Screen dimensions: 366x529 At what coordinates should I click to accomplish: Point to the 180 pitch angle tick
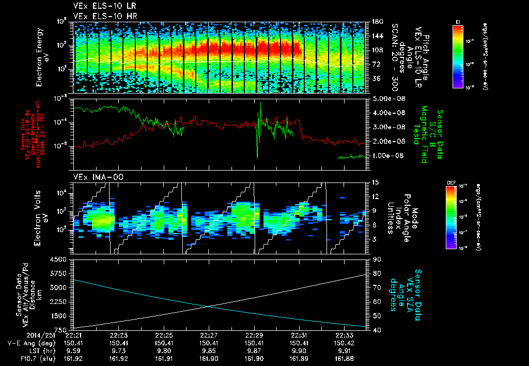pyautogui.click(x=374, y=22)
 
